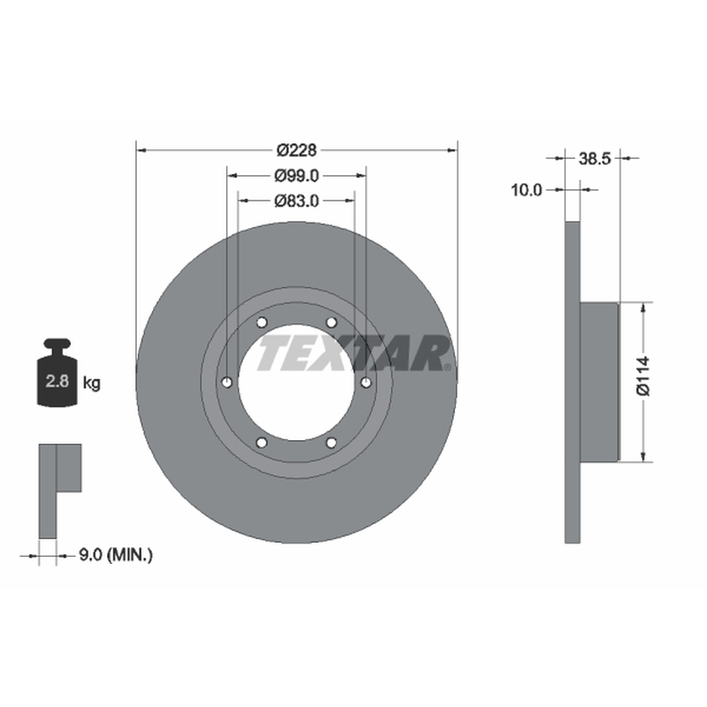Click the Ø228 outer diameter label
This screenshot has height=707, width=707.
(x=297, y=150)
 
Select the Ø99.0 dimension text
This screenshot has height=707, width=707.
(x=297, y=176)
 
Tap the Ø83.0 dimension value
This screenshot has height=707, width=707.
(x=297, y=201)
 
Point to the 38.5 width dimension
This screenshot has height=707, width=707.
(x=594, y=158)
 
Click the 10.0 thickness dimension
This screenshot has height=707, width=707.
(x=526, y=190)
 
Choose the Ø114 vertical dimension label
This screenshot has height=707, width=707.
(x=643, y=376)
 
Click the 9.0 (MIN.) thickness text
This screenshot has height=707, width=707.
(x=116, y=555)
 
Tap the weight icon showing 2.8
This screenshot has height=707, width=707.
(x=57, y=373)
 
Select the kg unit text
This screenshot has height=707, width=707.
(x=92, y=384)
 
